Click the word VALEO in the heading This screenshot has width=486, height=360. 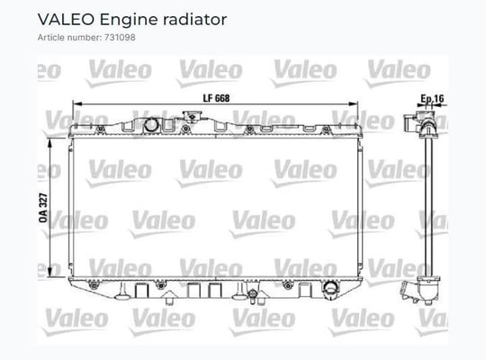click(x=66, y=20)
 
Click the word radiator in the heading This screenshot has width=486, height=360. click(x=195, y=20)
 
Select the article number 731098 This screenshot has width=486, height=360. click(x=120, y=38)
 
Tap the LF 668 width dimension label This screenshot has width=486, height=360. click(x=216, y=98)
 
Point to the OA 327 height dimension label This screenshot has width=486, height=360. click(x=43, y=208)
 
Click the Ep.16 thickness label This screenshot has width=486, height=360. click(x=432, y=99)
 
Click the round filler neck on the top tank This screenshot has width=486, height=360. click(x=151, y=125)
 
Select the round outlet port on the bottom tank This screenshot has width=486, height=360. click(x=330, y=288)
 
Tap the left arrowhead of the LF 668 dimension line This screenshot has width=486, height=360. click(x=76, y=103)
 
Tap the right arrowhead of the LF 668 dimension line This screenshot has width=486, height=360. click(x=354, y=103)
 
